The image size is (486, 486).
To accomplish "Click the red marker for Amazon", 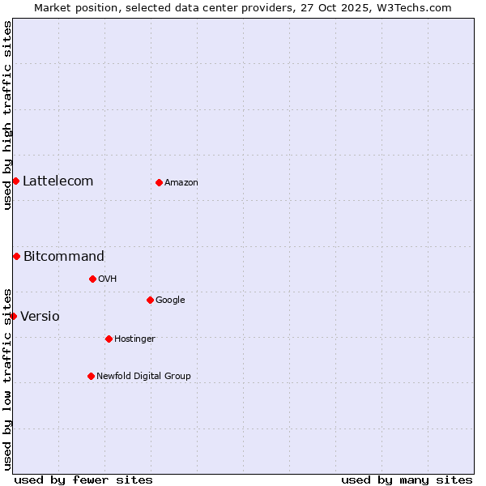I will pyautogui.click(x=159, y=182).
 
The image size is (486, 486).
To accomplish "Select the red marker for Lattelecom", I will pyautogui.click(x=15, y=181).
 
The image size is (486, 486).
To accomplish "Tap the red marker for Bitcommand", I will pyautogui.click(x=16, y=256).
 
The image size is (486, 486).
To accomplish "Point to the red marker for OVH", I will pyautogui.click(x=92, y=279).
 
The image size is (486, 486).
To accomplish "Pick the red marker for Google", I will pyautogui.click(x=150, y=300).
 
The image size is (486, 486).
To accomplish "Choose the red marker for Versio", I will pyautogui.click(x=13, y=316).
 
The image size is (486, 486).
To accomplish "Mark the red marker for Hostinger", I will pyautogui.click(x=109, y=339).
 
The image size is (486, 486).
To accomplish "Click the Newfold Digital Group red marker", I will pyautogui.click(x=91, y=376).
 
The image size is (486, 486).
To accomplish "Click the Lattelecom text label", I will pyautogui.click(x=58, y=181).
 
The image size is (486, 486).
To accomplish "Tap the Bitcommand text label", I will pyautogui.click(x=64, y=257).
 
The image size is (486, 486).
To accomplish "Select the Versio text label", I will pyautogui.click(x=40, y=317).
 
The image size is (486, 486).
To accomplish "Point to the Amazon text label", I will pyautogui.click(x=181, y=183).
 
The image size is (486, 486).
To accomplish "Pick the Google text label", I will pyautogui.click(x=170, y=301).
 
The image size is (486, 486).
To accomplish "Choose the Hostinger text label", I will pyautogui.click(x=134, y=339).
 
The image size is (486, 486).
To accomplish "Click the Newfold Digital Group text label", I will pyautogui.click(x=143, y=377).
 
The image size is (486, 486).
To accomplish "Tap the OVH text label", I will pyautogui.click(x=108, y=279).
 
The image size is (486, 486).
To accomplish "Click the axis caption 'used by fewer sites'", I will pyautogui.click(x=83, y=480).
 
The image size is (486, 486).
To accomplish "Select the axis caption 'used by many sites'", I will pyautogui.click(x=407, y=480).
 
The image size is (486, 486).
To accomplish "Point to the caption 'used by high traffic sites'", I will pyautogui.click(x=7, y=115).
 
